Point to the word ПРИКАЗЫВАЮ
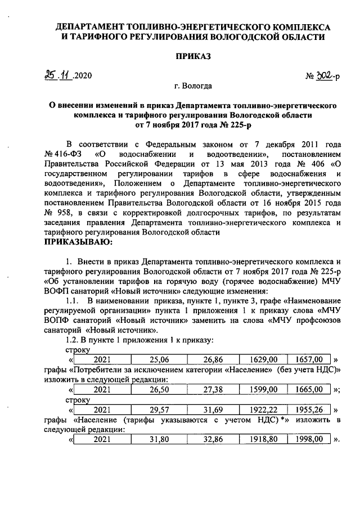79,242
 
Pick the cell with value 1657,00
309,359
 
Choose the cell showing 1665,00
309,389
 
